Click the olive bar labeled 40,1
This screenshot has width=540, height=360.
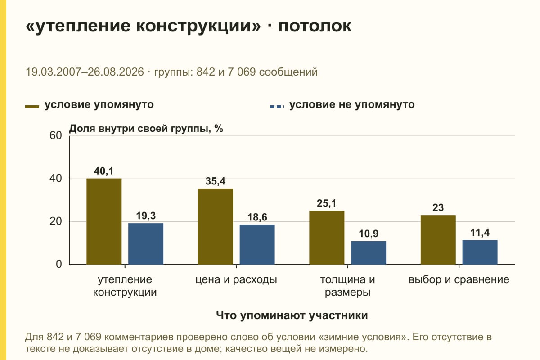coord(104,221)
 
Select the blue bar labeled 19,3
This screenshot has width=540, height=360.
coord(146,244)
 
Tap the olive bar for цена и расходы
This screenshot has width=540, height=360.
coord(215,226)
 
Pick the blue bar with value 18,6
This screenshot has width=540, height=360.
coord(257,244)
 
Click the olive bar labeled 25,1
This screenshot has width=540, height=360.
coord(327,238)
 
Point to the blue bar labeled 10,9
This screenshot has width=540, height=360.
coord(369,253)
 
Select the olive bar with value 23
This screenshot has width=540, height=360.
coord(438,240)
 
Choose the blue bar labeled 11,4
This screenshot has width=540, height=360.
coord(480,252)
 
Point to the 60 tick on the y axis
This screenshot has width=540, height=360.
coord(56,135)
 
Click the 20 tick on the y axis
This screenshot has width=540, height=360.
coord(56,221)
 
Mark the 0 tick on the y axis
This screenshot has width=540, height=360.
coord(59,264)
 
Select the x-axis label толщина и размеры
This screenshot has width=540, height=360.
coord(347,286)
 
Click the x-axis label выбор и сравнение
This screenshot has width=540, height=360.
coord(459,280)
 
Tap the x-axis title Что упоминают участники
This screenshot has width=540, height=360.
coord(292,315)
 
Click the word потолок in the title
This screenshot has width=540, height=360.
coord(315,26)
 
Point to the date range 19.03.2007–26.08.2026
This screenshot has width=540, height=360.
coord(85,72)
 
